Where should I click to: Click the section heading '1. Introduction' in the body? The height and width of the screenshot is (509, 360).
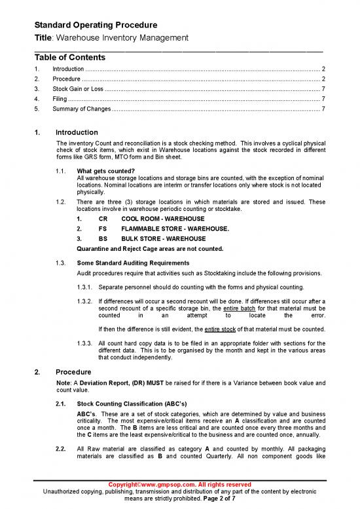77,132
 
